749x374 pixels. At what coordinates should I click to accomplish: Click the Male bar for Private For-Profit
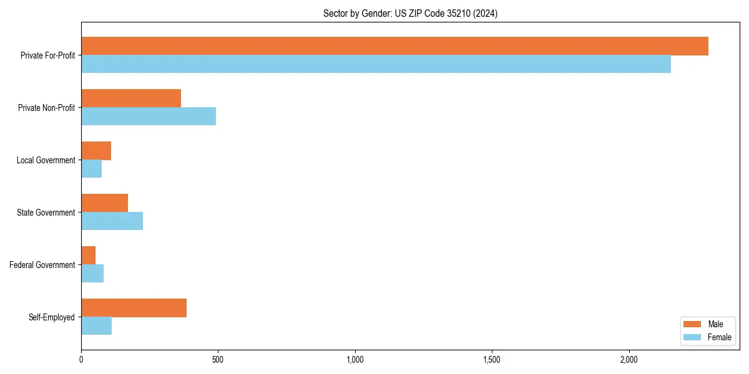coord(394,46)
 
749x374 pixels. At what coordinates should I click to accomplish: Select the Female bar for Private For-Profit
coord(376,64)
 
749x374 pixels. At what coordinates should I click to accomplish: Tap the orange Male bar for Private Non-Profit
coord(131,98)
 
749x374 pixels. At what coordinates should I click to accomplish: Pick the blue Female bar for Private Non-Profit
coord(149,117)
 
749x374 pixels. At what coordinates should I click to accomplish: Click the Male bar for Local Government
coord(96,151)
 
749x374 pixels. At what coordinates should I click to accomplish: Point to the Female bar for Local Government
coord(91,169)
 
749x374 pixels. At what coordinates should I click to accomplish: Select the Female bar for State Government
coord(112,221)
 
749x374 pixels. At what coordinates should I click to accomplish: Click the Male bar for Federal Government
coord(88,256)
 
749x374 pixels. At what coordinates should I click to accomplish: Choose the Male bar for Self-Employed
coord(134,308)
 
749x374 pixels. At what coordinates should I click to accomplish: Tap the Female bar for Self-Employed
coord(96,326)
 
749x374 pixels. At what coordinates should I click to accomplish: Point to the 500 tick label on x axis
coord(218,360)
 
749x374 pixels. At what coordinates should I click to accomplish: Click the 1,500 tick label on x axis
coord(492,360)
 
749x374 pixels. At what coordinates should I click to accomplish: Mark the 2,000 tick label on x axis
coord(629,360)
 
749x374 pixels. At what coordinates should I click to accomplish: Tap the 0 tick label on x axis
coord(81,360)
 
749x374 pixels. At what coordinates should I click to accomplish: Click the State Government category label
coord(46,213)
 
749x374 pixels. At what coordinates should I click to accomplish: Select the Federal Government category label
coord(42,265)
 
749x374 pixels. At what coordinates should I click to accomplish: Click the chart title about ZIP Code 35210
coord(410,13)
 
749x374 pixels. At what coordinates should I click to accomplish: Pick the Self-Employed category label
coord(52,317)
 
